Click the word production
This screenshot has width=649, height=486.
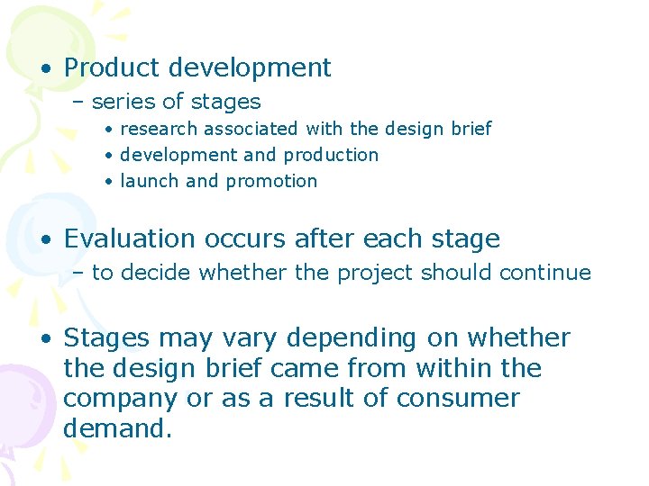[330, 155]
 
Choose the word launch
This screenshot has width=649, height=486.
[150, 181]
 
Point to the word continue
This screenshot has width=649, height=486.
[550, 273]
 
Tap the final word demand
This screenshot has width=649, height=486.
[116, 428]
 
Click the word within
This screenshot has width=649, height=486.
[445, 368]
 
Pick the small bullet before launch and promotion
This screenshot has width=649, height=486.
[107, 182]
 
